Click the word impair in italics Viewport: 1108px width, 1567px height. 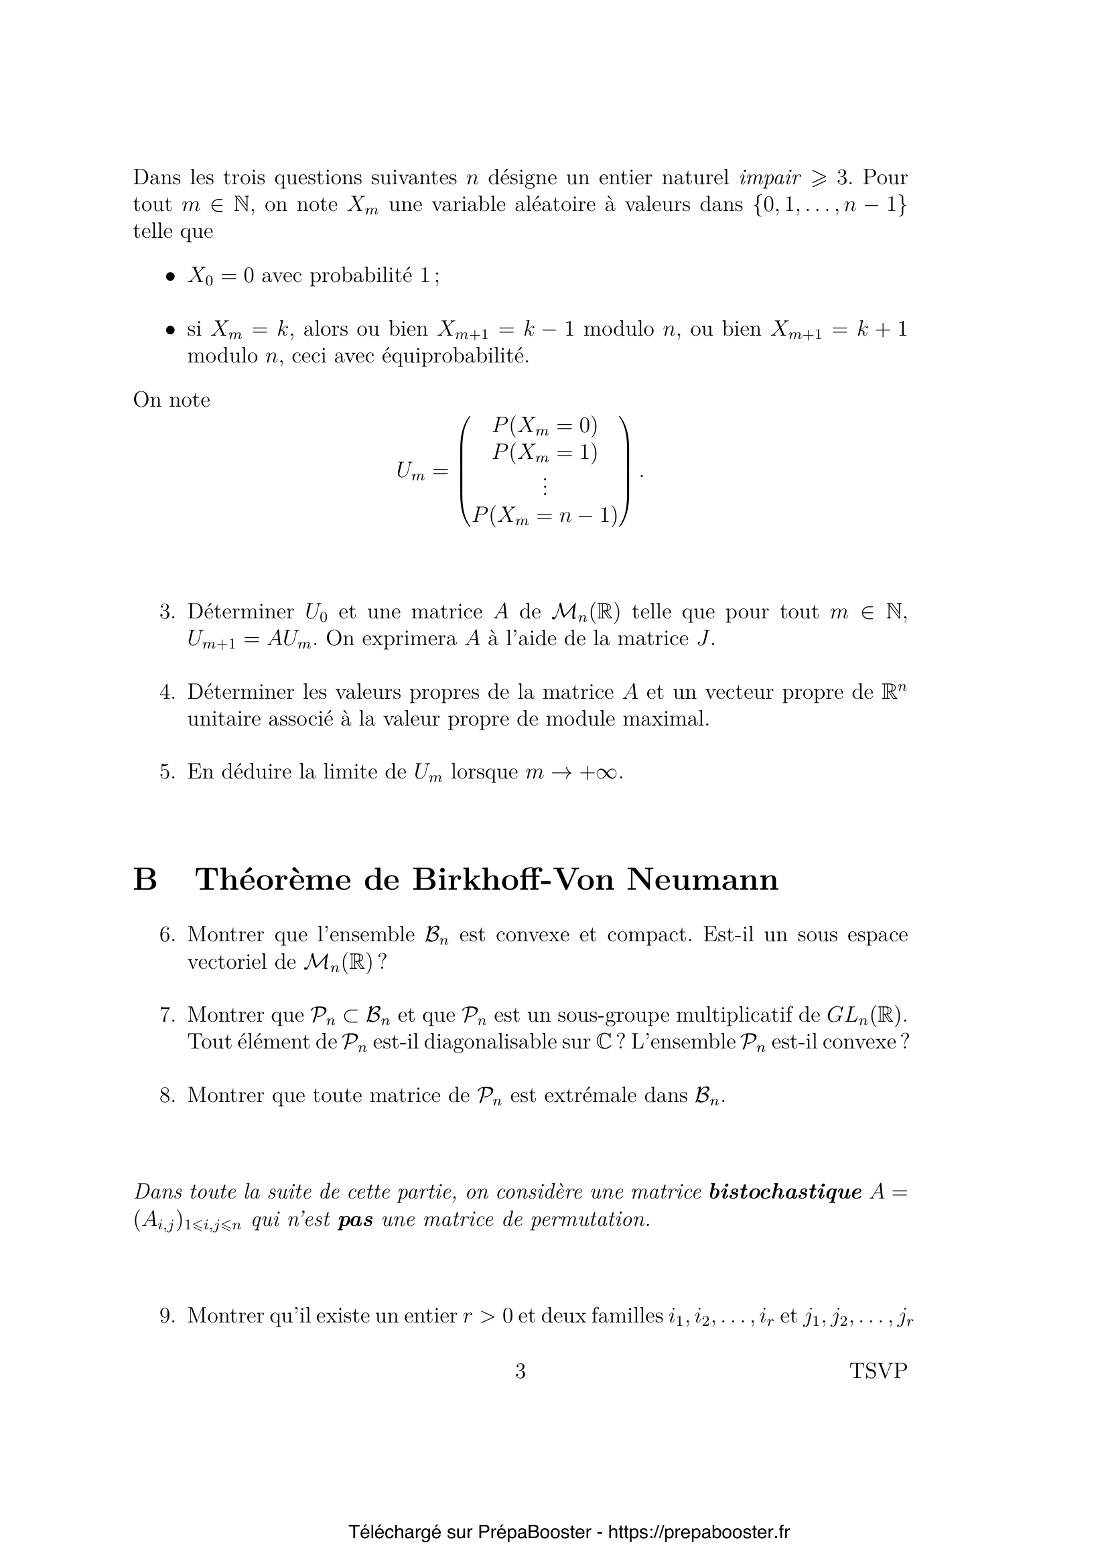point(770,178)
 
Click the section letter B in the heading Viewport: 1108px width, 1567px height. point(145,879)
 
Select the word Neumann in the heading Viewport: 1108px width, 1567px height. point(702,879)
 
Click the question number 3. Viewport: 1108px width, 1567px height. point(167,612)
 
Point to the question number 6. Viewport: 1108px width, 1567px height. point(167,935)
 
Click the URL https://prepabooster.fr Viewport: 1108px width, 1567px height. point(699,1527)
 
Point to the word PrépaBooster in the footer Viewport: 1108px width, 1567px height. point(534,1527)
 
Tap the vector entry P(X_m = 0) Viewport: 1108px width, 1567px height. point(545,427)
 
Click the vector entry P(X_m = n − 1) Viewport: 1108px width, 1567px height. point(545,516)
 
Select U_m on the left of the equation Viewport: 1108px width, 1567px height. point(411,471)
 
